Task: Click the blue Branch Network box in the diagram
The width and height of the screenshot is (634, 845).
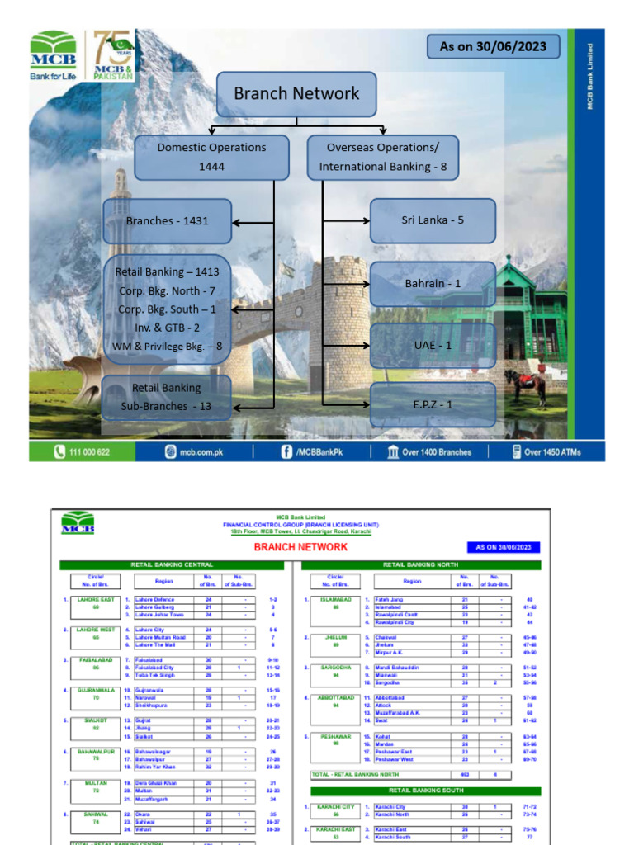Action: (x=296, y=94)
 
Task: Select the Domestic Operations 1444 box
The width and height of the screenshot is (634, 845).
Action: (x=211, y=157)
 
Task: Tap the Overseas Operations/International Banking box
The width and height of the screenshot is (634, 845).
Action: (x=382, y=157)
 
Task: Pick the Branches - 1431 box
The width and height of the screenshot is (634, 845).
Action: (x=167, y=221)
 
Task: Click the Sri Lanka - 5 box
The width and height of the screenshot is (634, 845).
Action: (x=432, y=221)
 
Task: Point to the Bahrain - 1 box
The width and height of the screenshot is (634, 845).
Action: (x=432, y=284)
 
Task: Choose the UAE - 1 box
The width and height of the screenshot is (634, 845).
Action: (x=432, y=345)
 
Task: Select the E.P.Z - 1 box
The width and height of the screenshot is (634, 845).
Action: (x=432, y=404)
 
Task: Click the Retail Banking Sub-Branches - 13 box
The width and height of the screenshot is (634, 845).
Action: (x=166, y=397)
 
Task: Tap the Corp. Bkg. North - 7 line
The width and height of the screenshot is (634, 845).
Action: (x=166, y=290)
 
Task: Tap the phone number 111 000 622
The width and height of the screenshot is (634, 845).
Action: (x=83, y=452)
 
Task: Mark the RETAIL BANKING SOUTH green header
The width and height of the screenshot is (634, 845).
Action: (x=422, y=791)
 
